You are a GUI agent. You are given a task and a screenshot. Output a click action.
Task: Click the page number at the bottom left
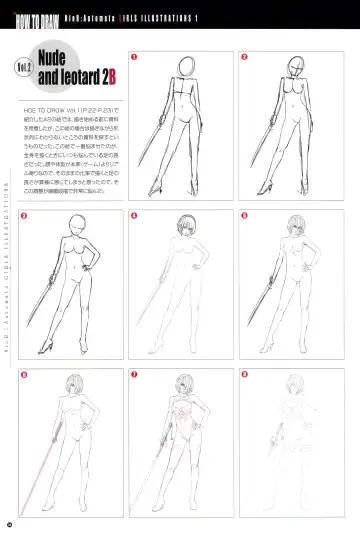[x=10, y=522]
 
